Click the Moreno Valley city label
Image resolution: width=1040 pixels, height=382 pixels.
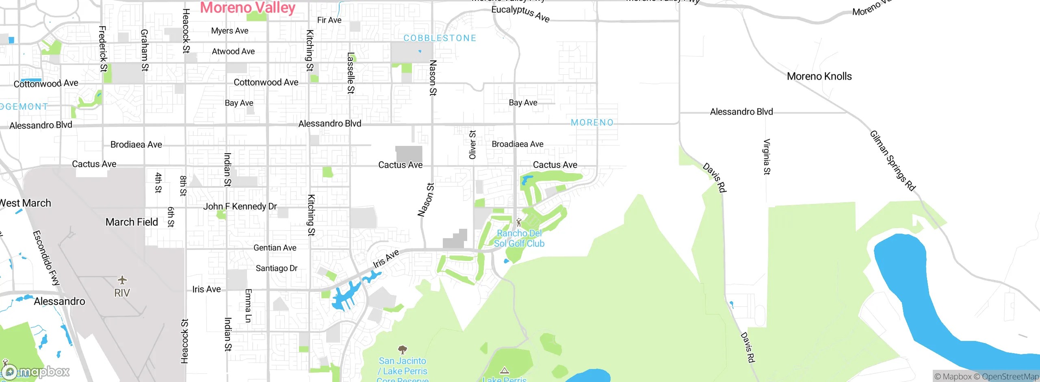pyautogui.click(x=247, y=8)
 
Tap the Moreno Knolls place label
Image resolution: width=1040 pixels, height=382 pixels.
pyautogui.click(x=819, y=76)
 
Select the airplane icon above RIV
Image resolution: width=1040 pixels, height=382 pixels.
pyautogui.click(x=122, y=280)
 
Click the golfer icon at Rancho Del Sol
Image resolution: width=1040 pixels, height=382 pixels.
pyautogui.click(x=519, y=222)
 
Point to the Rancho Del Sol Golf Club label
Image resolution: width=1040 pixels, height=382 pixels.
pyautogui.click(x=519, y=239)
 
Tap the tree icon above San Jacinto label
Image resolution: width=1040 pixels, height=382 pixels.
pyautogui.click(x=402, y=349)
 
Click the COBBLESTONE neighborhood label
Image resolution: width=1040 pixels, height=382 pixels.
pyautogui.click(x=440, y=38)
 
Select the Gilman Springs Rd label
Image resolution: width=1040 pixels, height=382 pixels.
pyautogui.click(x=893, y=161)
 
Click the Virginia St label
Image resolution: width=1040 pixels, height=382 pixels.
pyautogui.click(x=767, y=157)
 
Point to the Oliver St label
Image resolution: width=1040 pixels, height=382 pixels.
pyautogui.click(x=472, y=145)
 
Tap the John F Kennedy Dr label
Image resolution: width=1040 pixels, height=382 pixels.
pyautogui.click(x=240, y=206)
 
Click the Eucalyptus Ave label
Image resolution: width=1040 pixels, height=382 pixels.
pyautogui.click(x=520, y=13)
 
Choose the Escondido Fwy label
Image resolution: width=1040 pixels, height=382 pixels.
pyautogui.click(x=46, y=258)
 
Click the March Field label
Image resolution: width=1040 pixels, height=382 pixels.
pyautogui.click(x=132, y=222)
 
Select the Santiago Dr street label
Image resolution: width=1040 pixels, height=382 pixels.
pyautogui.click(x=276, y=268)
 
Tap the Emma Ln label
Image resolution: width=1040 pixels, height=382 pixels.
pyautogui.click(x=249, y=306)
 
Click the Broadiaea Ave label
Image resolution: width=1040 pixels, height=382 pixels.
pyautogui.click(x=517, y=144)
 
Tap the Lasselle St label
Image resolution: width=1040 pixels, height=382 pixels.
pyautogui.click(x=351, y=73)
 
